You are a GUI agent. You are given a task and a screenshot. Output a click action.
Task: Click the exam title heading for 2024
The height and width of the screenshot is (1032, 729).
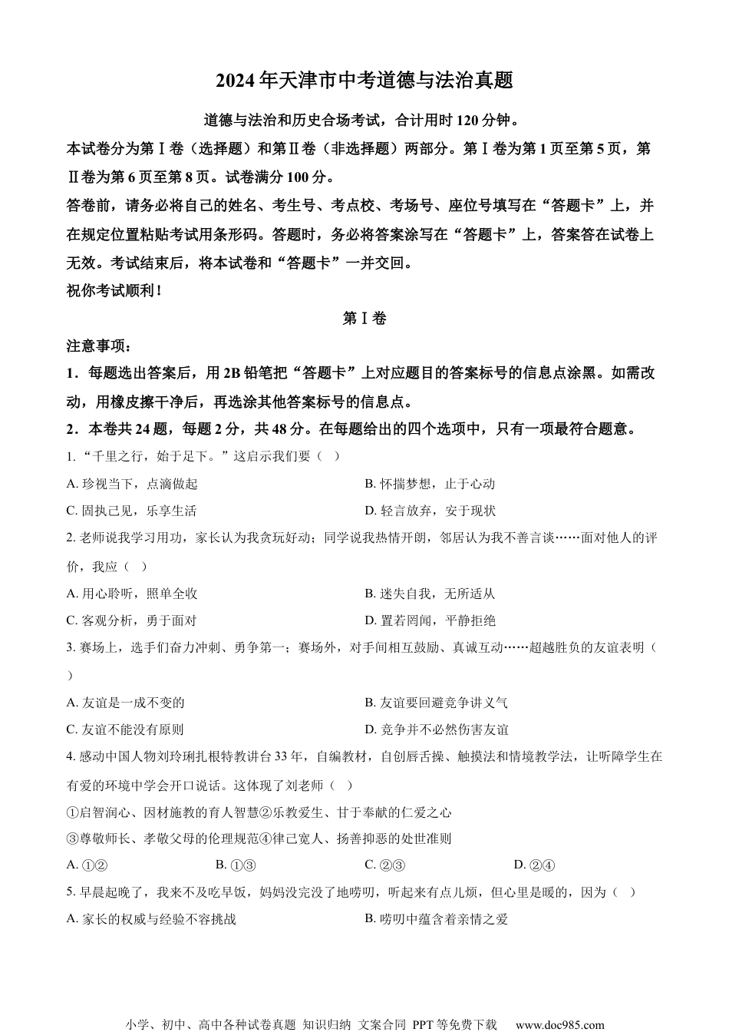[364, 80]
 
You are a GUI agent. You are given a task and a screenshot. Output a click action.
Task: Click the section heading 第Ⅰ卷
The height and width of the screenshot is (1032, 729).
[364, 319]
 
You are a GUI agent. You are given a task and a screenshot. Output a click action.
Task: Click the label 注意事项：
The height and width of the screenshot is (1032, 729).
[100, 346]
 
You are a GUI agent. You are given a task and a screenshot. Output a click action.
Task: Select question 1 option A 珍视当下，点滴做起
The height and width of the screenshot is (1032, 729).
[132, 484]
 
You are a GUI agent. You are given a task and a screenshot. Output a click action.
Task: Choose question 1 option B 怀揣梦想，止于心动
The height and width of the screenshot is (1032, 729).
[430, 484]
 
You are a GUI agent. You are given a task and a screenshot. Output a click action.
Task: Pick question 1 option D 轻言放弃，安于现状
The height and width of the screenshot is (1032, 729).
[430, 511]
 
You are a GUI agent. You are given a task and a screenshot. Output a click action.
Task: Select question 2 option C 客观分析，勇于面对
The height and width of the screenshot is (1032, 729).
[132, 620]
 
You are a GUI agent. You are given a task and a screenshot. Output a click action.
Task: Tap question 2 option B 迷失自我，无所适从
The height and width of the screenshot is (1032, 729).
[430, 594]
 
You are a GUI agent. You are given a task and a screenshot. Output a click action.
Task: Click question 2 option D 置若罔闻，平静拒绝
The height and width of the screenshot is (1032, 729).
[430, 620]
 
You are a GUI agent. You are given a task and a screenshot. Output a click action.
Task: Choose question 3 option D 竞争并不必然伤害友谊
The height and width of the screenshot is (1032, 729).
[437, 729]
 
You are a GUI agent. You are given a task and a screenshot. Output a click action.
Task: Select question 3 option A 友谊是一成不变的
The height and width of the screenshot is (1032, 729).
[126, 703]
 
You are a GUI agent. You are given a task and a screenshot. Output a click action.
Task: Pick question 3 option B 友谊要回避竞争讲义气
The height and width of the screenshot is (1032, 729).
[437, 703]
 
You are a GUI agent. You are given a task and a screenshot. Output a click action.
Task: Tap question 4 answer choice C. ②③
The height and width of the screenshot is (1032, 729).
[384, 865]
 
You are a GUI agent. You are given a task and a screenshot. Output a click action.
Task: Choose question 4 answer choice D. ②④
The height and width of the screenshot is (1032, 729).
[533, 865]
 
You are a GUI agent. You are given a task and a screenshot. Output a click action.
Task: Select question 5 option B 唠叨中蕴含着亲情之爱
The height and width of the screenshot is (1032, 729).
[437, 919]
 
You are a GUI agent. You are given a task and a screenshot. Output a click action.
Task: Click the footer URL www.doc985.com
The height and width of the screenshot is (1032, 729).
[559, 1024]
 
